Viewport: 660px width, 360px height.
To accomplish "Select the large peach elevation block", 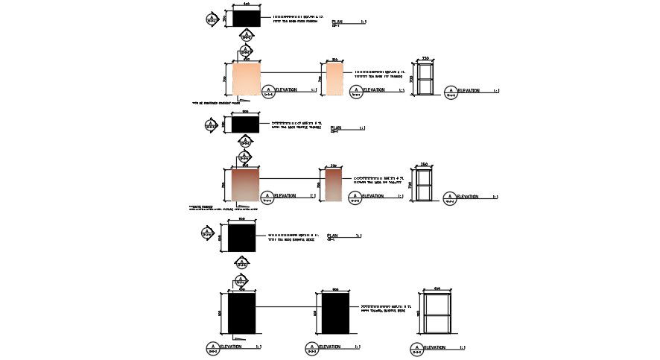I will coord(247,79).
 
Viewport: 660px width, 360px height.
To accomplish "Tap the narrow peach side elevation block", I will coord(334,79).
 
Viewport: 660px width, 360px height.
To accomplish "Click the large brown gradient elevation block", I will coord(247,185).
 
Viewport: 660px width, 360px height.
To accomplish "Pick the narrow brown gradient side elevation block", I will coord(334,185).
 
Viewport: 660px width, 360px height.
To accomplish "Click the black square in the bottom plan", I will coord(242,238).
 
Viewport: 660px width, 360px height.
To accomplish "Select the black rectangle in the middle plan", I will coord(245,124).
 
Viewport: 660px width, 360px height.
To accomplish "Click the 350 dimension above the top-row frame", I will coord(426,58).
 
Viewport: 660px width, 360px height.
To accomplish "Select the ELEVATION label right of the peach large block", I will coord(287,90).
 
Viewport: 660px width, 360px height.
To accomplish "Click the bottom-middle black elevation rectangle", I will coord(335,314).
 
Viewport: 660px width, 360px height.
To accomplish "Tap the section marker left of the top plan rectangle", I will coord(213,19).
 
